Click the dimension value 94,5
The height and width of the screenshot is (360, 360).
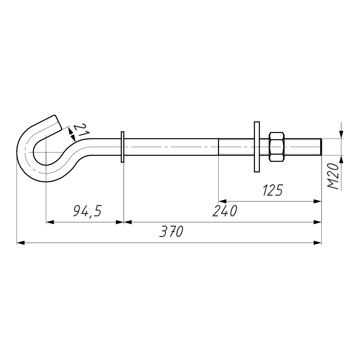(87, 211)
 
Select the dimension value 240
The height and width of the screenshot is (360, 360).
(225, 211)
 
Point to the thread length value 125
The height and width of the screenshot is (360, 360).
(272, 190)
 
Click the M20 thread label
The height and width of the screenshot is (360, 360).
(333, 177)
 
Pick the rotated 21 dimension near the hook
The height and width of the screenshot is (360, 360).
(82, 130)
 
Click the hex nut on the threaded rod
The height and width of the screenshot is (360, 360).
(277, 147)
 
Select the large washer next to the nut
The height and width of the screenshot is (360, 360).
(257, 147)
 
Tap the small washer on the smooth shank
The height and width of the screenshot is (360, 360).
(122, 147)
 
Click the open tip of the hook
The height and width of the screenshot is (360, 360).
(58, 122)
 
